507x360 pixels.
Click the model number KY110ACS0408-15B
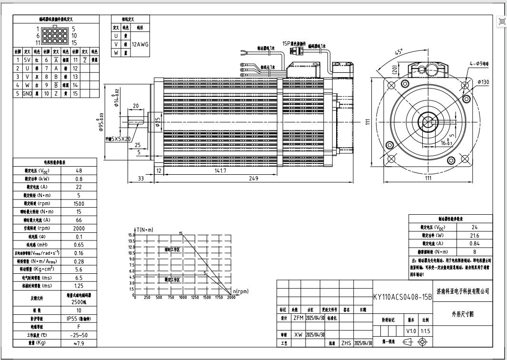[x=402, y=296]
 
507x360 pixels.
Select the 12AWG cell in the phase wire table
[x=140, y=44]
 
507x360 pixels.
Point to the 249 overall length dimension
[x=253, y=179]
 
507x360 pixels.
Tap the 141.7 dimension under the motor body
[x=220, y=170]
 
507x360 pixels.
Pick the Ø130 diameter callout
[x=483, y=82]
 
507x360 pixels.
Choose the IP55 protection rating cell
[x=79, y=319]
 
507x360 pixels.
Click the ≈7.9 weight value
[x=79, y=343]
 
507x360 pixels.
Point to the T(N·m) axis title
[x=145, y=230]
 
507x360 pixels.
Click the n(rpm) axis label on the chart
[x=241, y=291]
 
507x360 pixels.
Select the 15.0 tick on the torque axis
[x=131, y=235]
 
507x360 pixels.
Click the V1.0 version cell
[x=411, y=331]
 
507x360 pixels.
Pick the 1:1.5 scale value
[x=425, y=331]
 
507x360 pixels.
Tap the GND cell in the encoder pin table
[x=27, y=94]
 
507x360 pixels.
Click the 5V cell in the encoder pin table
[x=27, y=60]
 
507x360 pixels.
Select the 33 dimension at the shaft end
[x=140, y=179]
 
